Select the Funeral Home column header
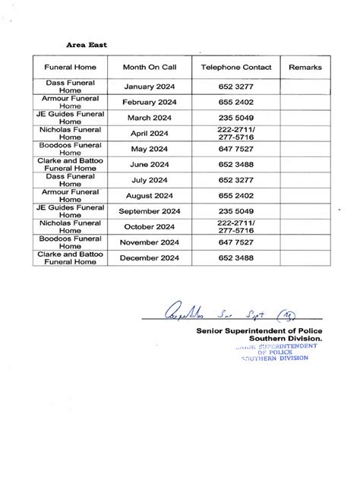(70, 68)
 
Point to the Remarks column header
(305, 68)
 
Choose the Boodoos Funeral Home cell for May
(70, 150)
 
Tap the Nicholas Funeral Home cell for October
(70, 227)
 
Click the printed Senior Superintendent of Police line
(258, 331)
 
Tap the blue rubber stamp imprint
(273, 352)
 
